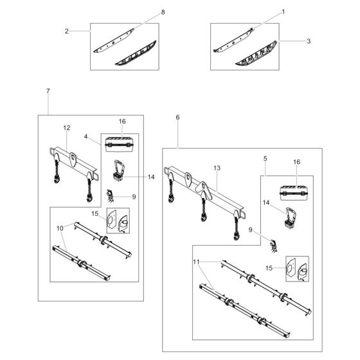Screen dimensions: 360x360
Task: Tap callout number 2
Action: (x=67, y=30)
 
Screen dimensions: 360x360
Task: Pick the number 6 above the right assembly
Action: (x=177, y=117)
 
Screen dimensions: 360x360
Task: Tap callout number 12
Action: (x=66, y=128)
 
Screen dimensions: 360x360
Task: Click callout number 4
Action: (x=86, y=136)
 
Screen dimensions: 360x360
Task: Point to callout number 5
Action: (x=265, y=157)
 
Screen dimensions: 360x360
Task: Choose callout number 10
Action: (x=60, y=228)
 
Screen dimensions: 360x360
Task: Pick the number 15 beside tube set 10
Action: (x=94, y=213)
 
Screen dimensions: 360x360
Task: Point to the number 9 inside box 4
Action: (x=134, y=196)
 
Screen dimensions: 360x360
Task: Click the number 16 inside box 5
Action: (x=296, y=162)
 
